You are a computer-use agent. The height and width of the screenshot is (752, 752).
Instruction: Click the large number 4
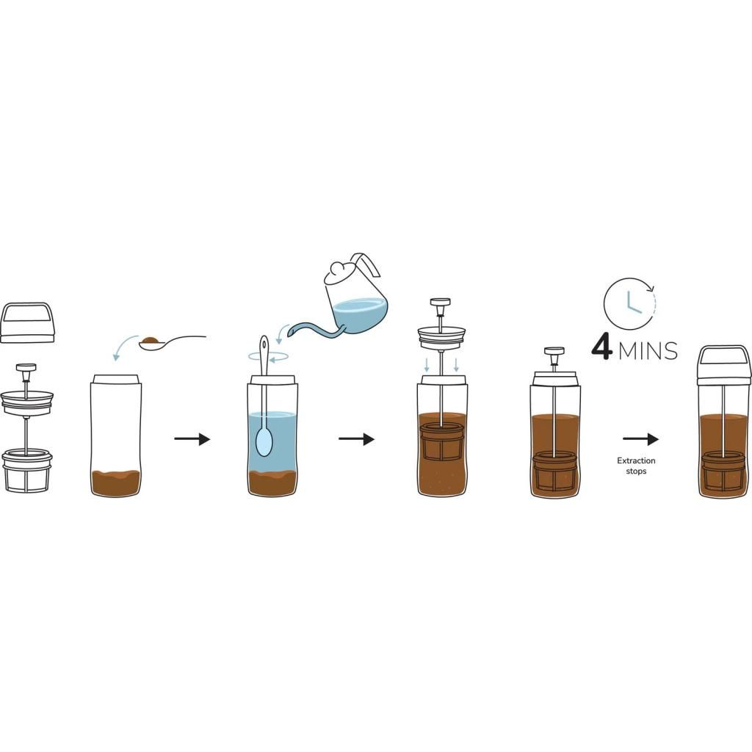[x=602, y=347]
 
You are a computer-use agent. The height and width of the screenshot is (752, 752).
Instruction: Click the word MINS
[x=648, y=350]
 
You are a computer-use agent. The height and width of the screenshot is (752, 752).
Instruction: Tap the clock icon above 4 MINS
[x=629, y=303]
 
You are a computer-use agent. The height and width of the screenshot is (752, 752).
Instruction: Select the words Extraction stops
[x=636, y=466]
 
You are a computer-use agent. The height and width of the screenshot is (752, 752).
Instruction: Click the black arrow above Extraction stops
[x=640, y=439]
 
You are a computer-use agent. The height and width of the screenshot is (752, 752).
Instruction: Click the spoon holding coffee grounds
[x=173, y=341]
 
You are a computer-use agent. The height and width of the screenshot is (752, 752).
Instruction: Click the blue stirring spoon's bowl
[x=264, y=441]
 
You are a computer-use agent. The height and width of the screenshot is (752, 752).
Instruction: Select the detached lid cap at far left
[x=27, y=322]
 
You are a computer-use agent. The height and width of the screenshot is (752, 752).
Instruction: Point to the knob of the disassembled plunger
[x=26, y=368]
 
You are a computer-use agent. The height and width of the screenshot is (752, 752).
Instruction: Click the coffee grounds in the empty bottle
[x=115, y=482]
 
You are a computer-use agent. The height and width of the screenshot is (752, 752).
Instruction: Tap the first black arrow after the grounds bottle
[x=192, y=439]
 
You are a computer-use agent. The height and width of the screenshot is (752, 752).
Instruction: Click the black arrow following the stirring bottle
[x=356, y=439]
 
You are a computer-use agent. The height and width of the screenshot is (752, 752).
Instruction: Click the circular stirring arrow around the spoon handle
[x=268, y=356]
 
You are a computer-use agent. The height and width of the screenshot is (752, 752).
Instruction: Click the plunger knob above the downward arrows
[x=441, y=302]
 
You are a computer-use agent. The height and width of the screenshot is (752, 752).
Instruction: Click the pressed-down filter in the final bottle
[x=723, y=471]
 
